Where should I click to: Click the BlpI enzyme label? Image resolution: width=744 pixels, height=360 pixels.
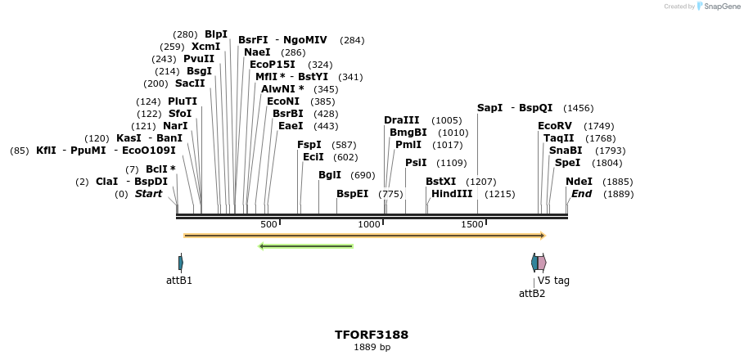pos(216,34)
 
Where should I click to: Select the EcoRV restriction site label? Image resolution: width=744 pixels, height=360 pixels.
pos(554,126)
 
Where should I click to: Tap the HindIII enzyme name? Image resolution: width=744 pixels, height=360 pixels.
pos(451,194)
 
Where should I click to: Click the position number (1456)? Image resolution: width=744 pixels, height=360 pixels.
pos(578,108)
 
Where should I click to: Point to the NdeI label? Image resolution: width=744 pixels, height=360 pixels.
pos(579,182)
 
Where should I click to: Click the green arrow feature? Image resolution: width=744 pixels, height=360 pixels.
pos(305,245)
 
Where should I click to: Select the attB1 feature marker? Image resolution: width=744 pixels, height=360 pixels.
pos(180,263)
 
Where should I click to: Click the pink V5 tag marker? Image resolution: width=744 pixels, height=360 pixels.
pos(542,263)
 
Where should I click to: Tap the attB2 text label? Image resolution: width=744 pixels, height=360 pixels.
pos(532,293)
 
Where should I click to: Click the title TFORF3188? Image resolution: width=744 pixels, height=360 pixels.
pos(372,335)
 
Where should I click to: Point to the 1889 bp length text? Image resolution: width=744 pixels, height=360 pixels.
pos(372,348)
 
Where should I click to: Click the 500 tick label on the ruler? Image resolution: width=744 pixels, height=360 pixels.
pos(268,224)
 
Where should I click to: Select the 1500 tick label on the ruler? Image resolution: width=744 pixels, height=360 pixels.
pos(472,224)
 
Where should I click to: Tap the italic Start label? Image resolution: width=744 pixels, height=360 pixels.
pos(148,194)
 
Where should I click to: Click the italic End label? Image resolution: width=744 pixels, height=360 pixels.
pos(581,194)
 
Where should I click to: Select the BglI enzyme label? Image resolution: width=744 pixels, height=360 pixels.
pos(330,175)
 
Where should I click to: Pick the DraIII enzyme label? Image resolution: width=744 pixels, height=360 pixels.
pos(401,120)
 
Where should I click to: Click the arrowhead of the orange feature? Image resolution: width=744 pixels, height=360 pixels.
pos(542,236)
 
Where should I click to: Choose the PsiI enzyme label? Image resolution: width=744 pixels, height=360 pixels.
pos(416,163)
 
